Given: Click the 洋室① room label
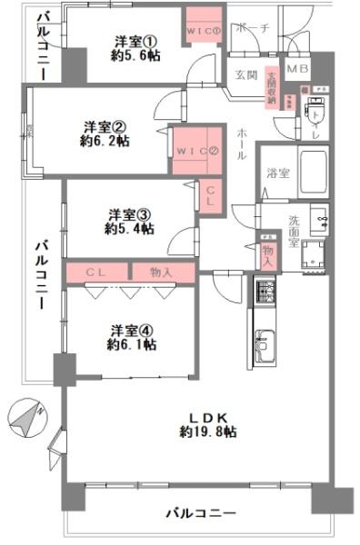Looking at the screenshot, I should (x=135, y=40).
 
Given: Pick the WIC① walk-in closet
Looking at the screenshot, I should (x=205, y=30).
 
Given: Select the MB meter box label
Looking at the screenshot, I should (x=296, y=69).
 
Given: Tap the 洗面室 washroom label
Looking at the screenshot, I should (x=296, y=224).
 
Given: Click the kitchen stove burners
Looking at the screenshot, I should (x=265, y=292).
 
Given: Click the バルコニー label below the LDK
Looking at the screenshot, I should (x=200, y=513).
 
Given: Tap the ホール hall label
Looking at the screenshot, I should (x=239, y=144).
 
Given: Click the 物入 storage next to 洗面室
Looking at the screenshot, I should (x=266, y=252).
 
